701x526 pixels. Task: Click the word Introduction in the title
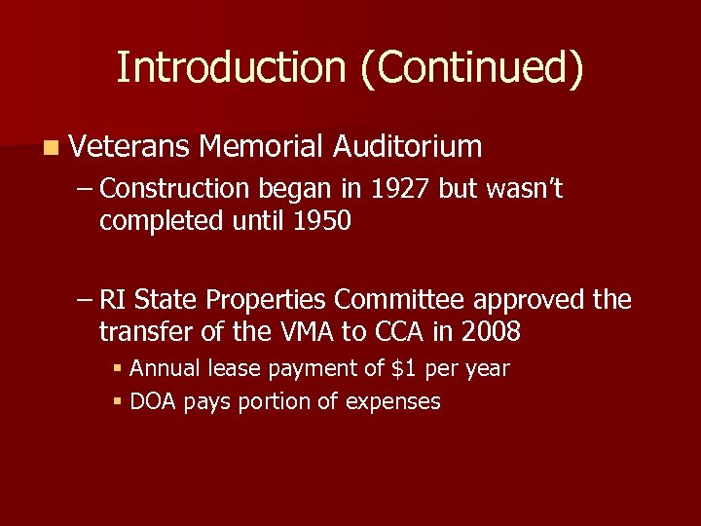[231, 68]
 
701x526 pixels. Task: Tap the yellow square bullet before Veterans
[50, 148]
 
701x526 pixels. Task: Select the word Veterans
[129, 147]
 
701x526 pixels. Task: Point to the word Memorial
[260, 147]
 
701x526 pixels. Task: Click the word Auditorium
[407, 147]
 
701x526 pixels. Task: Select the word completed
[161, 221]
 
